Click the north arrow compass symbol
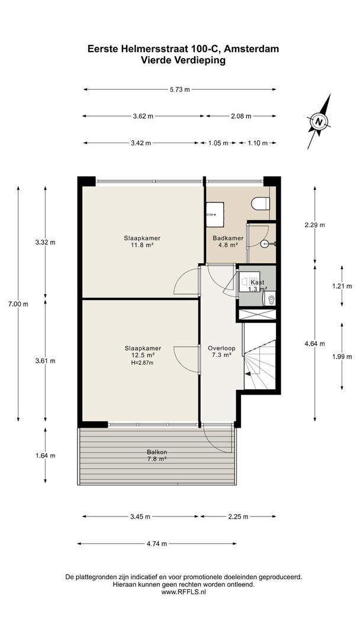319,122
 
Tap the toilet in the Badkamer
261,204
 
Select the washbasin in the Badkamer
214,213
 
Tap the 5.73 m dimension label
179,90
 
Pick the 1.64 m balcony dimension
46,456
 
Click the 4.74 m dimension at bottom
157,544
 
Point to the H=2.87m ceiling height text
143,363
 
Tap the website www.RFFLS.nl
183,592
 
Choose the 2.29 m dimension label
314,225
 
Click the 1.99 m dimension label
342,356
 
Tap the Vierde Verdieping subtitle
183,60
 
